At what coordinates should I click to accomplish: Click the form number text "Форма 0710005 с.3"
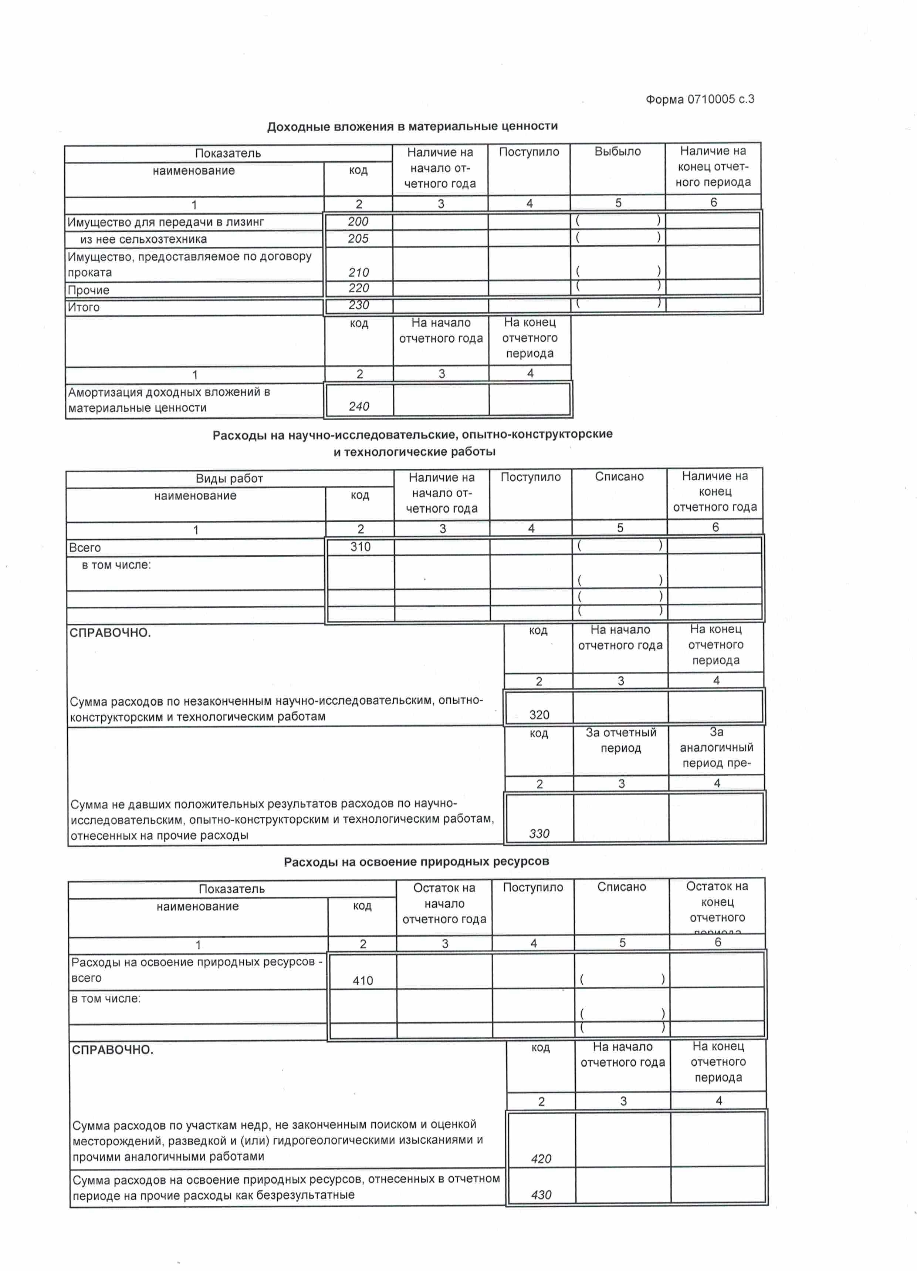tap(700, 99)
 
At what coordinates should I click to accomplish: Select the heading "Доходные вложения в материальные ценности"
tap(412, 126)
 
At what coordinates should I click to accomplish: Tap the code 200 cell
tap(358, 221)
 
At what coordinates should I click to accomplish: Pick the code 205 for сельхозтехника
tap(358, 239)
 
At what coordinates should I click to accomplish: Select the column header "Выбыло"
tap(617, 151)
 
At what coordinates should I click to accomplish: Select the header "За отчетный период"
tap(621, 740)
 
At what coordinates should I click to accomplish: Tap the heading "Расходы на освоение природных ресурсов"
tap(416, 862)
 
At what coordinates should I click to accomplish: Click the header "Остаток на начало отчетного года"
tap(444, 903)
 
